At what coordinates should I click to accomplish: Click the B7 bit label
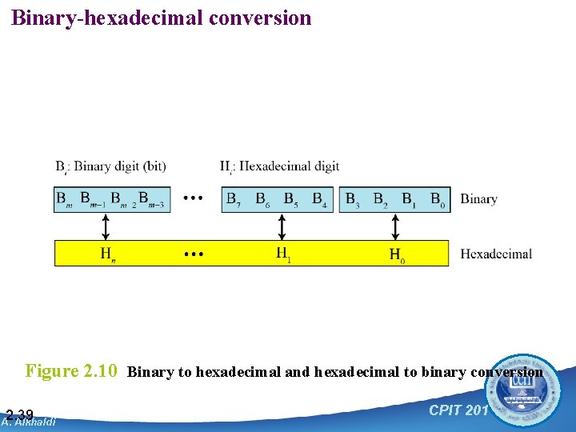(x=234, y=198)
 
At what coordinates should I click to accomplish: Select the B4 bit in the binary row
(x=319, y=198)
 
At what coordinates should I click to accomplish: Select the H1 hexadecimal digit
(x=282, y=254)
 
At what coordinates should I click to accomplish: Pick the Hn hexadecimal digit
(x=106, y=254)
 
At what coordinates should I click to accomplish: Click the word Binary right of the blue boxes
(x=478, y=199)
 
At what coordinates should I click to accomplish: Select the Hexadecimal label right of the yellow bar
(x=496, y=254)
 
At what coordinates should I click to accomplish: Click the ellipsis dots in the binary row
(x=193, y=198)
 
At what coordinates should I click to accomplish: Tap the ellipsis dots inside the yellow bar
(x=193, y=254)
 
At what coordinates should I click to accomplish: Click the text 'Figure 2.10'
(x=72, y=371)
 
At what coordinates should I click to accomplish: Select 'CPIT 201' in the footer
(x=458, y=410)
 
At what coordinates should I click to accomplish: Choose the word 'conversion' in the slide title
(x=260, y=18)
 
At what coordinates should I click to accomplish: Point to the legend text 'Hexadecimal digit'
(x=289, y=166)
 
